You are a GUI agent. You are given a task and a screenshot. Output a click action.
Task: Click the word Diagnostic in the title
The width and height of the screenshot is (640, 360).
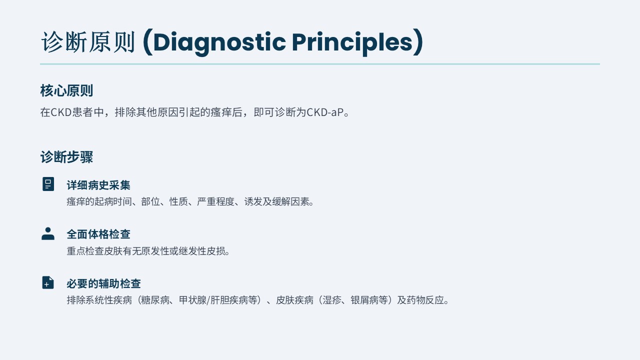click(x=219, y=42)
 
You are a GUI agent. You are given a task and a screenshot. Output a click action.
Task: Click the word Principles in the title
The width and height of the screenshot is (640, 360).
click(x=352, y=42)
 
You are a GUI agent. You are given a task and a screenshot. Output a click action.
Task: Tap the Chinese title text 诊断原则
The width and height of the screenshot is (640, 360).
click(x=88, y=42)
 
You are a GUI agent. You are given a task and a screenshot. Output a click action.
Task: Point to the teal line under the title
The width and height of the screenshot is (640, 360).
click(x=319, y=64)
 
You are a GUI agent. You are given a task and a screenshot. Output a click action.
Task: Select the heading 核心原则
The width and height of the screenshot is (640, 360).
click(x=66, y=90)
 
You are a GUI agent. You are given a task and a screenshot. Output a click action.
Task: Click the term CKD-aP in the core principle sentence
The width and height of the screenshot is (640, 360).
click(x=325, y=112)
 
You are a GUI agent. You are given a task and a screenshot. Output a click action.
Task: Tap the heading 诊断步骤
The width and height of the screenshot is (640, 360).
click(x=66, y=157)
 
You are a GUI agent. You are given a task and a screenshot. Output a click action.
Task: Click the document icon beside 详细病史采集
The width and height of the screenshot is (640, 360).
click(x=48, y=184)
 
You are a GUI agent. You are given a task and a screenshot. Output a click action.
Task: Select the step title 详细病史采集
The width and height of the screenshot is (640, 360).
click(x=98, y=185)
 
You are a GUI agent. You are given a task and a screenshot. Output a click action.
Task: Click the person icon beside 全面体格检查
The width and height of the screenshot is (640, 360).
click(x=48, y=233)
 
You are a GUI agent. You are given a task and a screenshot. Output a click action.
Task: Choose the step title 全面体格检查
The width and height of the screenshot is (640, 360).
click(x=98, y=234)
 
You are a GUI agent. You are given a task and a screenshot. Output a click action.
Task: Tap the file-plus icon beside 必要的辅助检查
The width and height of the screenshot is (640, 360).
click(x=48, y=282)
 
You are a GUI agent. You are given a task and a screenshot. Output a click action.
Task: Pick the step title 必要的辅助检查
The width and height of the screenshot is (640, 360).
click(x=103, y=283)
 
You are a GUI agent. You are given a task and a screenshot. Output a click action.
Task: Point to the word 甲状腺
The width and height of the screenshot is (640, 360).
click(x=193, y=300)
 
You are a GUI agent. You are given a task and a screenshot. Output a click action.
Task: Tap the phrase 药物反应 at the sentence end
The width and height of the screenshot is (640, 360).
click(x=425, y=300)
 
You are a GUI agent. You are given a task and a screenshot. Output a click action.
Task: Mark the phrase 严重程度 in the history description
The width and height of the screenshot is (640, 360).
click(x=215, y=201)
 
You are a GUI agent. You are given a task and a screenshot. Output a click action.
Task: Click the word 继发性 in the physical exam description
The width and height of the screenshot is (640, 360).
click(x=192, y=251)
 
